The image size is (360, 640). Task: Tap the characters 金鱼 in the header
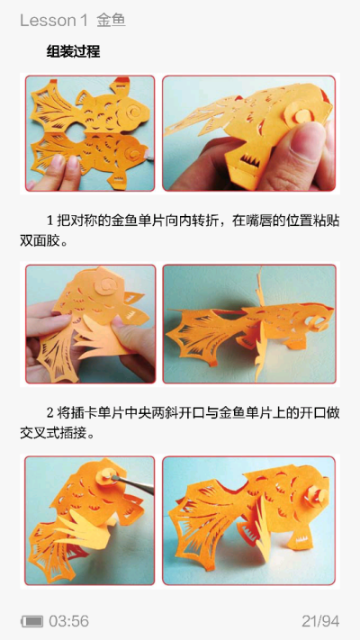point(111,20)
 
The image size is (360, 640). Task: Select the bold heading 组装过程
point(73,52)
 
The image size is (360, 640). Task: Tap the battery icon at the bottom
point(31,621)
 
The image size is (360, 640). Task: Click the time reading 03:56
point(68,621)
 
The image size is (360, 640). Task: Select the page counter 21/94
point(319,621)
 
